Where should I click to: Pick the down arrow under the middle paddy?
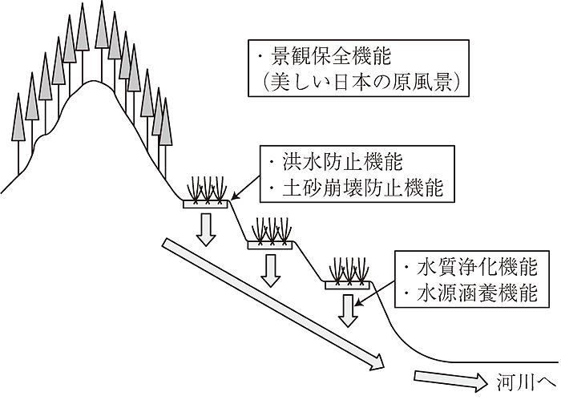click(272, 269)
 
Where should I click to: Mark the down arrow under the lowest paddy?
click(347, 309)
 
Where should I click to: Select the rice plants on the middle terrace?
click(272, 230)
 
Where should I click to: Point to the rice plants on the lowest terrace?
click(346, 270)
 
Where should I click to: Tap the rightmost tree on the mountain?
click(165, 124)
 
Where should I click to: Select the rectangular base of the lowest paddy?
click(346, 285)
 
